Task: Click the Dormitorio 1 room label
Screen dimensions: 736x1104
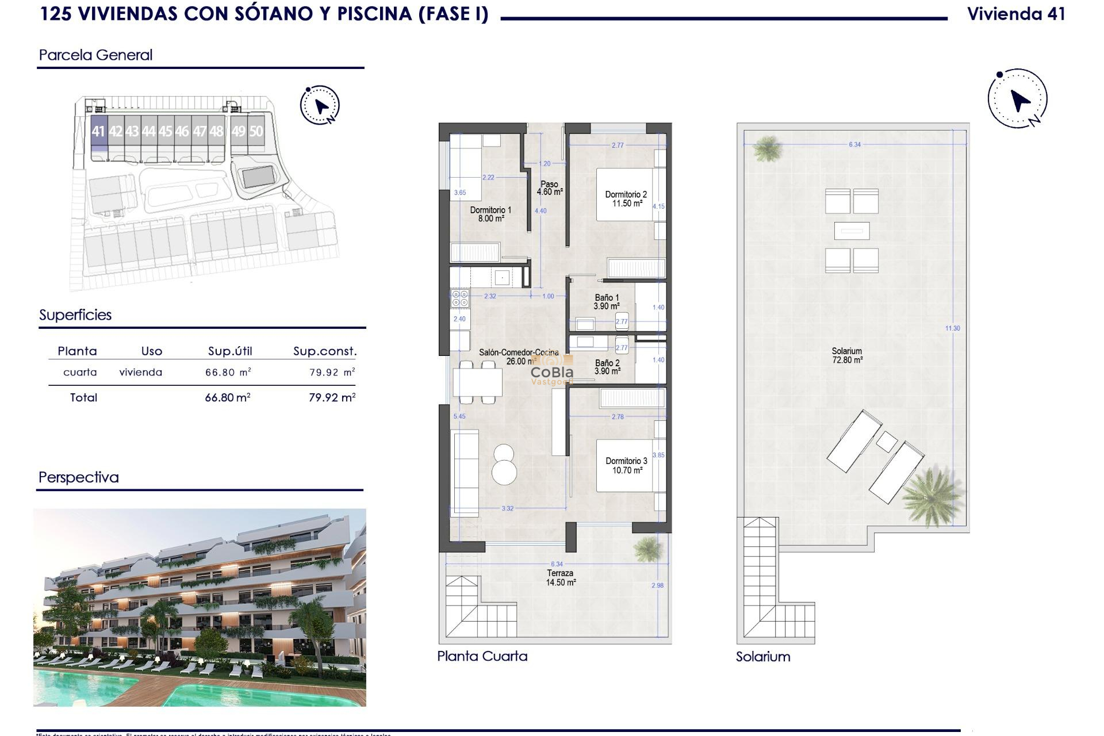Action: point(490,214)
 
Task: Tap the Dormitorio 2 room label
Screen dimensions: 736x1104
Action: point(626,199)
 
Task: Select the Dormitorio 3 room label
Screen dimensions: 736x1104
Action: point(626,465)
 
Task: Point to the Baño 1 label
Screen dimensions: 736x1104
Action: point(607,302)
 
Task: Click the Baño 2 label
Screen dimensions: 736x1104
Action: point(607,367)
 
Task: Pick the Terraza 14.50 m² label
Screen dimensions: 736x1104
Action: point(560,577)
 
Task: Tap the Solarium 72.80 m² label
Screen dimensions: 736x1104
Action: point(847,355)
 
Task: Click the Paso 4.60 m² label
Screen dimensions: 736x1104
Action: point(549,188)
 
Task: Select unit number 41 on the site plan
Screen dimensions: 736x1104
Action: point(98,131)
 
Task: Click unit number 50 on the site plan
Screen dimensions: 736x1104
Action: point(256,131)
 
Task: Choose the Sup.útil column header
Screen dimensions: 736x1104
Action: point(230,351)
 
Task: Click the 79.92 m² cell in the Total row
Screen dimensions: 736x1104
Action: point(332,397)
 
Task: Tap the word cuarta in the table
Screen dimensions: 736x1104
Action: point(80,372)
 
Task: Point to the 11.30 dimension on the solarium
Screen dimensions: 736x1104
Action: point(952,328)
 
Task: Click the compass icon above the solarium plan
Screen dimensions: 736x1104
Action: point(1017,99)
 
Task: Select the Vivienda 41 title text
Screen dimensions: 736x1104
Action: point(1016,14)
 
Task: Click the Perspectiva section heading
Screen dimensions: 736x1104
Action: point(79,477)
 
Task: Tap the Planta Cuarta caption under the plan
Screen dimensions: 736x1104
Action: point(482,656)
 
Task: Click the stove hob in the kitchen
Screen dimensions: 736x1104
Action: point(460,298)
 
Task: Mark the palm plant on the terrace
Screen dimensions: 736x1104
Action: point(647,548)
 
